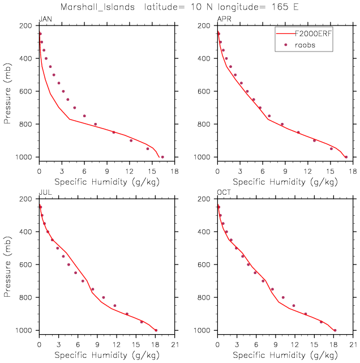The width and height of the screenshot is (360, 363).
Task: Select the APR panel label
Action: (x=224, y=20)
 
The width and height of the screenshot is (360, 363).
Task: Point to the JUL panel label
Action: (x=45, y=193)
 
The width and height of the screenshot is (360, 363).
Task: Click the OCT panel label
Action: (x=224, y=193)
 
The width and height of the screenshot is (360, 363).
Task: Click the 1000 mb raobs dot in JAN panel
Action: (x=162, y=157)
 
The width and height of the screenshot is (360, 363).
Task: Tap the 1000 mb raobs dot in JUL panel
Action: (x=156, y=330)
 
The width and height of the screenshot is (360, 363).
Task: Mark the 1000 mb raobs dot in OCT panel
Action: (x=335, y=330)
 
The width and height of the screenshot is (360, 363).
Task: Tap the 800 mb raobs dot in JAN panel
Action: (x=95, y=124)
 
